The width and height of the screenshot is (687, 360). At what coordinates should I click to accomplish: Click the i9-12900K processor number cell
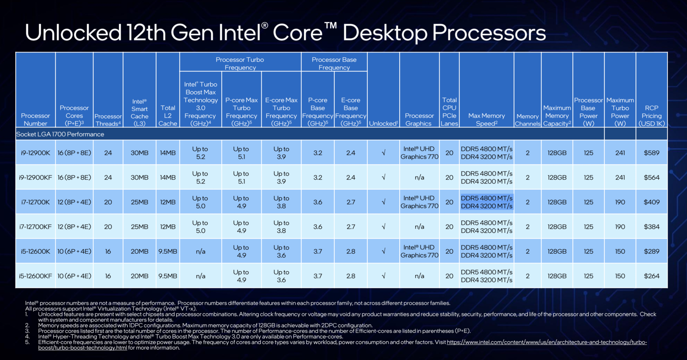(x=35, y=153)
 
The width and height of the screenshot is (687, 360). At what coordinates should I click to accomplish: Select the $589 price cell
(x=651, y=153)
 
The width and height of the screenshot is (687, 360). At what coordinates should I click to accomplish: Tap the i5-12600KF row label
(x=35, y=276)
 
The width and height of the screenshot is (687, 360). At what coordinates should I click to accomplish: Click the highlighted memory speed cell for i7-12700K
(x=487, y=202)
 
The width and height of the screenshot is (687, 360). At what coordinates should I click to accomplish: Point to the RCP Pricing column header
(x=651, y=116)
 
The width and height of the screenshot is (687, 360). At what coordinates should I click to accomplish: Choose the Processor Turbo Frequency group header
(x=240, y=63)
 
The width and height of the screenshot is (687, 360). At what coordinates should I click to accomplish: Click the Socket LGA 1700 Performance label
(x=60, y=134)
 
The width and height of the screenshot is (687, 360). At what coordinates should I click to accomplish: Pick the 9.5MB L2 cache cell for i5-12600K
(x=167, y=252)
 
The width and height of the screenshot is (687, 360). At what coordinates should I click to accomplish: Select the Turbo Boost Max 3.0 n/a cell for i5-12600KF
(x=200, y=276)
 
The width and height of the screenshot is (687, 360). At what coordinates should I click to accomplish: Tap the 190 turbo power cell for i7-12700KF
(x=620, y=227)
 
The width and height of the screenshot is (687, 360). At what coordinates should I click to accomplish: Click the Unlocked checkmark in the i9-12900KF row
(x=383, y=177)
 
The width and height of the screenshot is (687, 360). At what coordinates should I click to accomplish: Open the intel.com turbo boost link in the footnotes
(x=546, y=342)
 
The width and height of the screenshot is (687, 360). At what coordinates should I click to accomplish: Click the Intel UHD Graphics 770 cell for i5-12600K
(x=419, y=251)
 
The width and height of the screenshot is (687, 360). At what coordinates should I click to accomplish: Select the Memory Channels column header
(x=527, y=120)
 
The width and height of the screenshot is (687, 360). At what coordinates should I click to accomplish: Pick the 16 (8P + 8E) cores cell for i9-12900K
(x=74, y=153)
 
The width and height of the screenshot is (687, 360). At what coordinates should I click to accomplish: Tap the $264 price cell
(x=651, y=276)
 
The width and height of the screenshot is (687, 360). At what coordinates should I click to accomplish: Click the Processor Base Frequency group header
(x=334, y=63)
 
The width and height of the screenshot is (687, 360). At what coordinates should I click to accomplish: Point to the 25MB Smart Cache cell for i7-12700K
(x=139, y=202)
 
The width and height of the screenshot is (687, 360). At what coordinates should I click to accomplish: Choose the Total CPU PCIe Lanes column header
(x=449, y=112)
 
